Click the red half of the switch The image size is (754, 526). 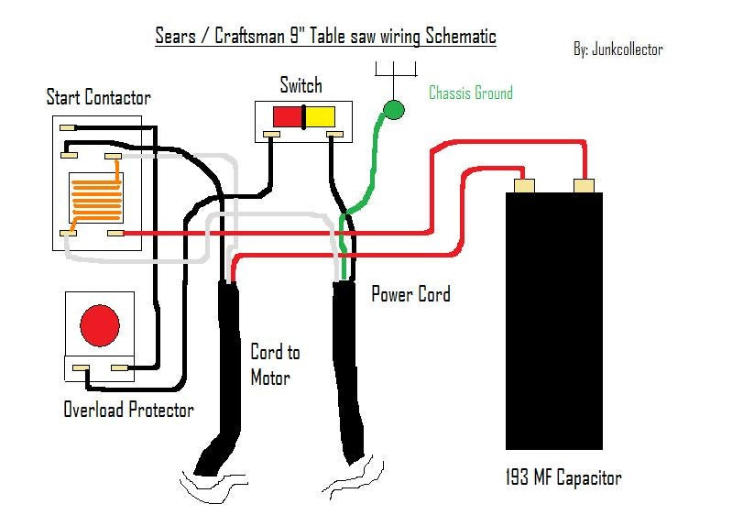tap(288, 116)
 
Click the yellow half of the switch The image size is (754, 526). tap(321, 116)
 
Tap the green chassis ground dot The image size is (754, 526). tap(394, 110)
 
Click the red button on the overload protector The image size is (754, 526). tap(100, 325)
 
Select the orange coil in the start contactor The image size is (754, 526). tap(96, 197)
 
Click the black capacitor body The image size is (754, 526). tap(554, 321)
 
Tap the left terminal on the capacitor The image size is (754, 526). tap(524, 186)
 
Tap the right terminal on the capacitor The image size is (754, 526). tap(584, 186)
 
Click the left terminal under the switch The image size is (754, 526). tap(271, 134)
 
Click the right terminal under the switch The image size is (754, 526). tap(334, 134)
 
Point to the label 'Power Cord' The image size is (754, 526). tap(410, 294)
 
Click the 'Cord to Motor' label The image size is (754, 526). tap(275, 365)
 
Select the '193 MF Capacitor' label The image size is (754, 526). tap(563, 477)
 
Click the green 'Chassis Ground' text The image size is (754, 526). tap(471, 93)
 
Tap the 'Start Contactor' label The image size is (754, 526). tap(99, 97)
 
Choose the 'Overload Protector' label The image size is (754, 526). tap(129, 410)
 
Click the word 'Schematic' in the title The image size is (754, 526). tap(461, 36)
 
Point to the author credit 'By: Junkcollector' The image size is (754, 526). tap(618, 49)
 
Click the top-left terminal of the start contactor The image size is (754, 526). tap(68, 128)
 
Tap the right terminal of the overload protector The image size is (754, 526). tap(119, 368)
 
